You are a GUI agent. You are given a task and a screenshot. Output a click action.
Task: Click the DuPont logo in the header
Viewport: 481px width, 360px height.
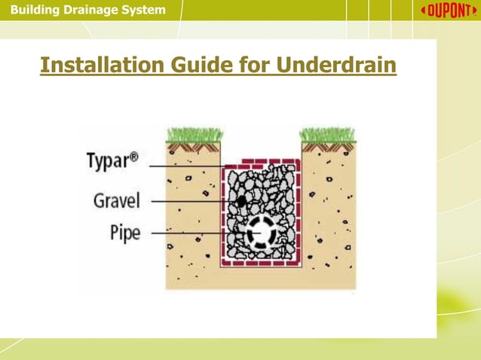point(449,11)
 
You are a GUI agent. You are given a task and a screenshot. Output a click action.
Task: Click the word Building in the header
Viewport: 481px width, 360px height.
point(29,10)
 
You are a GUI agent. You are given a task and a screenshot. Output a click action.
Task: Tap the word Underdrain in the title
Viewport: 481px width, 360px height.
point(336,66)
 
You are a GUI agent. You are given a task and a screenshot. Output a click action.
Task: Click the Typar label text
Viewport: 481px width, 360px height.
point(112,160)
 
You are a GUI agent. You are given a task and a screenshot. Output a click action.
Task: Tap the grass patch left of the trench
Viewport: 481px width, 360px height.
point(194,136)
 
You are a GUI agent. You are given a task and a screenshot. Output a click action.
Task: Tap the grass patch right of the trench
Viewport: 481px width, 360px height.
point(328,136)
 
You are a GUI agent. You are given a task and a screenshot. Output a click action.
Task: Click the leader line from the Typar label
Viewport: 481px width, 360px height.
point(185,166)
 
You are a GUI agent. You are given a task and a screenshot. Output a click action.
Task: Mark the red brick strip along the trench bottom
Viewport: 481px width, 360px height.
point(261,263)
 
